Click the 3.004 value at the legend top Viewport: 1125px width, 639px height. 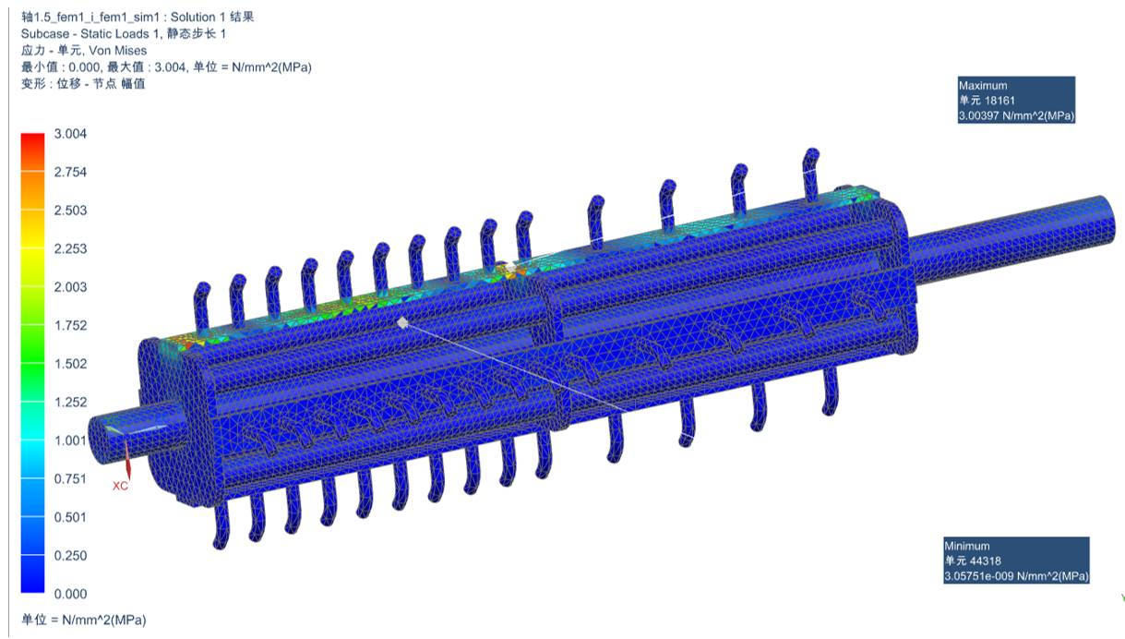pos(70,134)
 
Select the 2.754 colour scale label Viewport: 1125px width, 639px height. pos(70,172)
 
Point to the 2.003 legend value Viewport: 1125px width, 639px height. pos(70,287)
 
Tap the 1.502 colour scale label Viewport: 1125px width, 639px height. pos(70,364)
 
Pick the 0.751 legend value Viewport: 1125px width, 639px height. pos(70,478)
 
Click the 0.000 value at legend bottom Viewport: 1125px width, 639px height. pos(70,594)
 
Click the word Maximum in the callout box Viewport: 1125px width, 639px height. pos(983,85)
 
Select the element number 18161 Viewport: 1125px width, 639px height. pos(999,101)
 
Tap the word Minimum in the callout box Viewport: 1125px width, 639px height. pos(967,546)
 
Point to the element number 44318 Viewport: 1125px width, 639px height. pos(986,561)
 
